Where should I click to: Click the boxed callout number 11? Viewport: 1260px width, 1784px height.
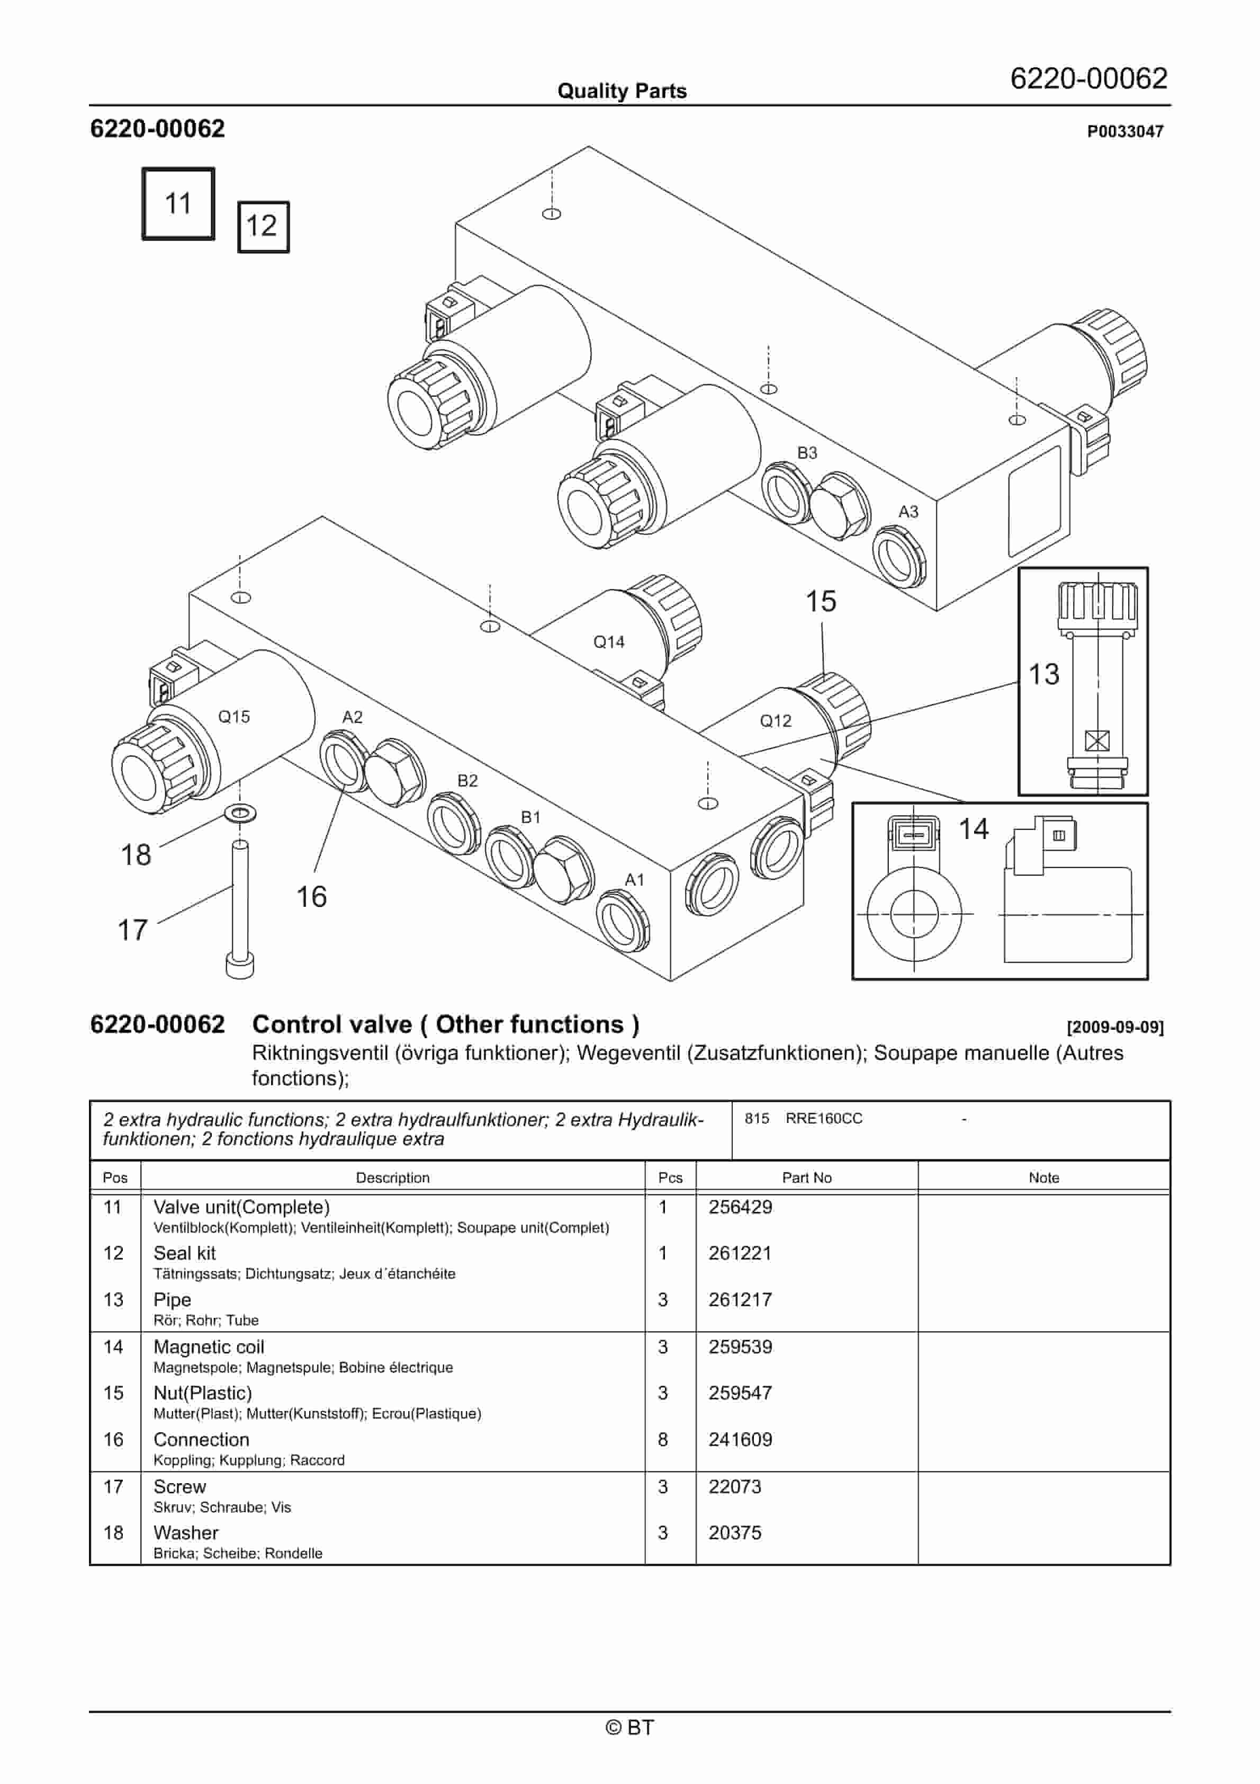[x=178, y=203]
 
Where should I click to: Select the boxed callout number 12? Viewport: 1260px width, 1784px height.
[x=263, y=226]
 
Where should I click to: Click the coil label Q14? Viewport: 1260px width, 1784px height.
[x=608, y=642]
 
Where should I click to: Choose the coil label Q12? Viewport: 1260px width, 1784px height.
[x=775, y=721]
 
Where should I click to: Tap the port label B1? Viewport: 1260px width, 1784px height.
[x=530, y=817]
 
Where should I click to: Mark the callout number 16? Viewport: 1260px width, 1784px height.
[x=311, y=897]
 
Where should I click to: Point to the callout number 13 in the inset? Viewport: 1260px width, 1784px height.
[x=1043, y=674]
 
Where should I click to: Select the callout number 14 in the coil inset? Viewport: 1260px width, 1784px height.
[x=974, y=829]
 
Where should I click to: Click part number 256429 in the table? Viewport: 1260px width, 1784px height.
[x=740, y=1207]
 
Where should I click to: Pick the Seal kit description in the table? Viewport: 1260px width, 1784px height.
[x=185, y=1253]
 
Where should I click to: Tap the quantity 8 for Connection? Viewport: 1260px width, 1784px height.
[x=663, y=1439]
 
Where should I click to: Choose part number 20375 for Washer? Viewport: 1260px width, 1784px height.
[x=734, y=1532]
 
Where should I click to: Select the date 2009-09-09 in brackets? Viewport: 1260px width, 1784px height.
[x=1115, y=1027]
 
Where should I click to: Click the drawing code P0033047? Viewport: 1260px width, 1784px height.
[x=1125, y=131]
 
